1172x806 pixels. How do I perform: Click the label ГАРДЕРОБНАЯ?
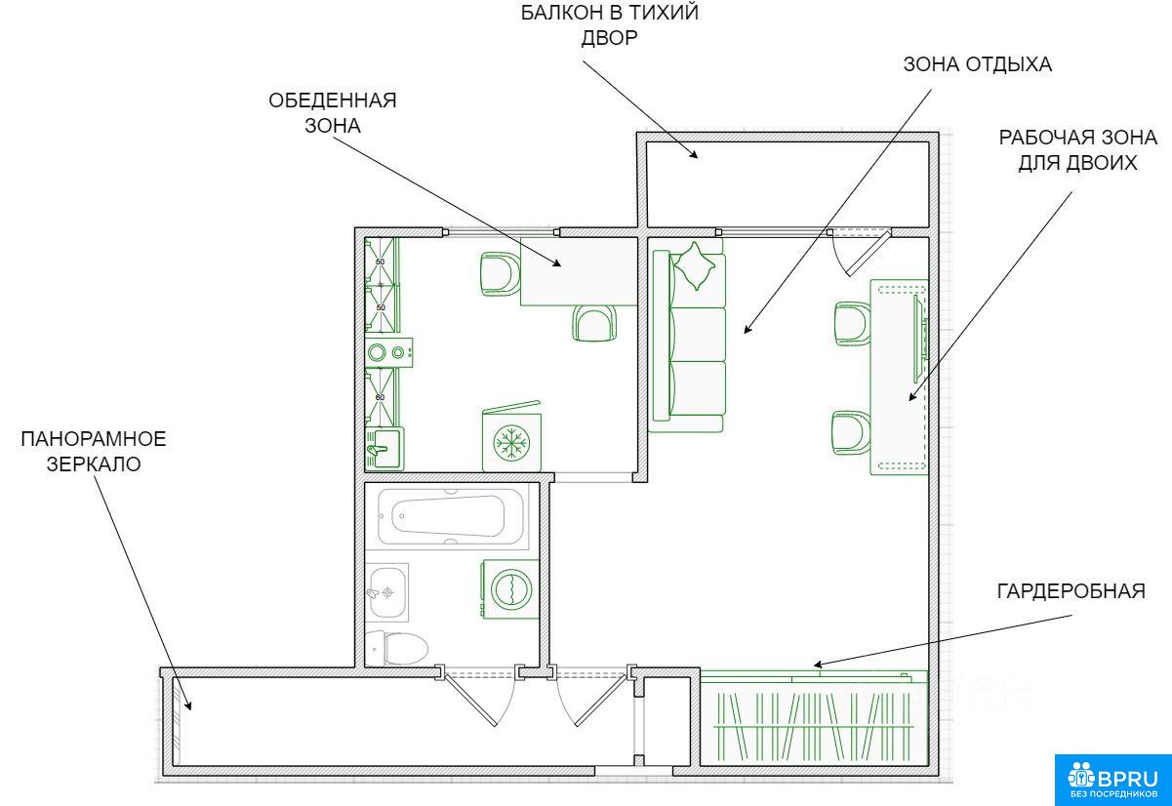coord(1071,591)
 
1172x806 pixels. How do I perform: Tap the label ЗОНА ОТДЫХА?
coord(978,64)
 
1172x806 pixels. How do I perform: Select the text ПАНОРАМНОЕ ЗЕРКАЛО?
coord(94,452)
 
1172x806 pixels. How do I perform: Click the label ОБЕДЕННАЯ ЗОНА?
coord(333,113)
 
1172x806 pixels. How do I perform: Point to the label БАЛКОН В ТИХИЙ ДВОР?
coord(610,25)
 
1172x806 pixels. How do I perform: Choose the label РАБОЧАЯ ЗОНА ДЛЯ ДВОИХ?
coord(1077,150)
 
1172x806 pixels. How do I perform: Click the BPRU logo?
coord(1112,780)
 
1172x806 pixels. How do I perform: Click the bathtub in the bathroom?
coord(451,516)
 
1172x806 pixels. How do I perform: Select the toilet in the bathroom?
coord(396,648)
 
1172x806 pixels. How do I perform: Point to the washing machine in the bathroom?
coord(510,589)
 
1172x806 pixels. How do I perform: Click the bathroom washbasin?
coord(387,592)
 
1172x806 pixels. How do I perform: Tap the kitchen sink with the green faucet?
coord(384,449)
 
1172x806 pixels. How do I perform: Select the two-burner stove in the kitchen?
coord(388,352)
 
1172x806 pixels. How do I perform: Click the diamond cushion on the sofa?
coord(695,265)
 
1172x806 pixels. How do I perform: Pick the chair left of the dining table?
coord(501,274)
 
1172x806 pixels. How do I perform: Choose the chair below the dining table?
coord(594,323)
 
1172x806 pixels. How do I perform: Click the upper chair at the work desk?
coord(852,324)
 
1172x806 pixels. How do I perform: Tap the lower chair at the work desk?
coord(851,432)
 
